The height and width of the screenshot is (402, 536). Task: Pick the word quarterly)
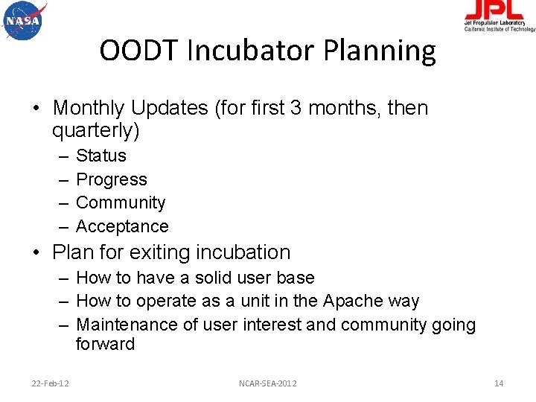click(96, 131)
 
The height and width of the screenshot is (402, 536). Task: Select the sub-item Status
click(101, 156)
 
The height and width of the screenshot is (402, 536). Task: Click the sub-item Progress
click(112, 179)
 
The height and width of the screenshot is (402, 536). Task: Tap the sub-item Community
click(121, 202)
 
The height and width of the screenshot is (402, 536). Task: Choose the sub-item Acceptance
click(122, 226)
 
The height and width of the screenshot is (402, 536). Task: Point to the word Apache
click(351, 301)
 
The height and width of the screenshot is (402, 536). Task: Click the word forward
click(105, 344)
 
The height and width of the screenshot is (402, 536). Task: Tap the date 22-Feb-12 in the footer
click(51, 383)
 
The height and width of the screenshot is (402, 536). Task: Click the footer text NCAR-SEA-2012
click(267, 383)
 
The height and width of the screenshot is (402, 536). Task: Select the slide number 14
click(499, 383)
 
